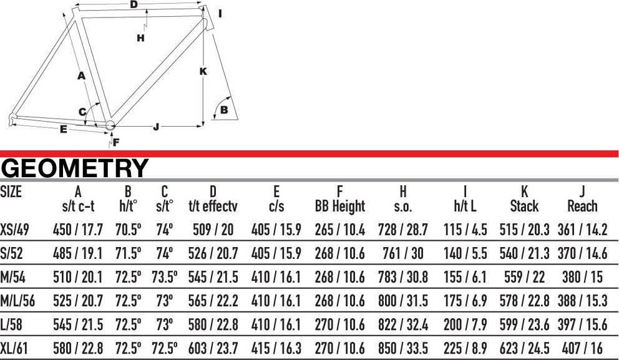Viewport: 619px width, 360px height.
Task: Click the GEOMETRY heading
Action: click(x=75, y=168)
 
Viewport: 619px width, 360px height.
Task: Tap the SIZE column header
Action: click(x=11, y=192)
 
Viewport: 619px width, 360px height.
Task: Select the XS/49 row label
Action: click(x=14, y=230)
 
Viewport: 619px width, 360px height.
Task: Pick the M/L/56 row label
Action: click(x=17, y=301)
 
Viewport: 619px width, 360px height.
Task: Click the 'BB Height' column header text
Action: click(x=340, y=206)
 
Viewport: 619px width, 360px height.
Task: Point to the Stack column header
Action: click(x=524, y=206)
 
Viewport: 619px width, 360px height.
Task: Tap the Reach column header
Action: click(x=582, y=206)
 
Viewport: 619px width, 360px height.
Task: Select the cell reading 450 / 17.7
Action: click(x=78, y=230)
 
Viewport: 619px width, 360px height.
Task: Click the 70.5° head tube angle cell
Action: click(x=129, y=230)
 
